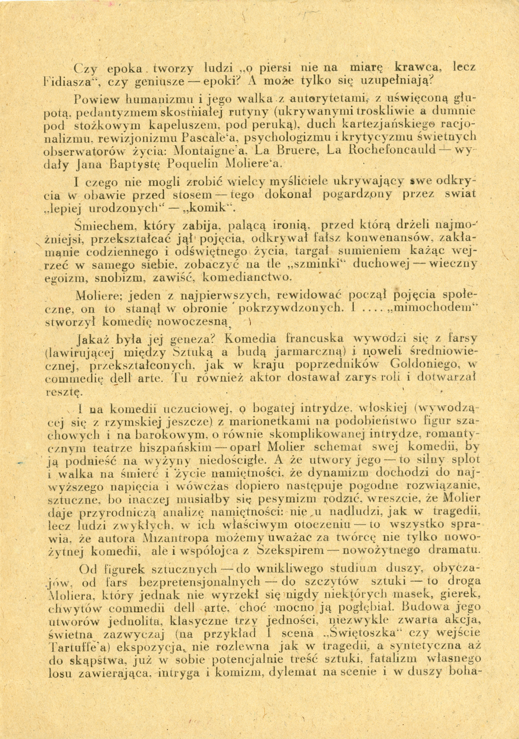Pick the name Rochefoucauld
(x=398, y=151)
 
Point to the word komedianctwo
(x=245, y=277)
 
